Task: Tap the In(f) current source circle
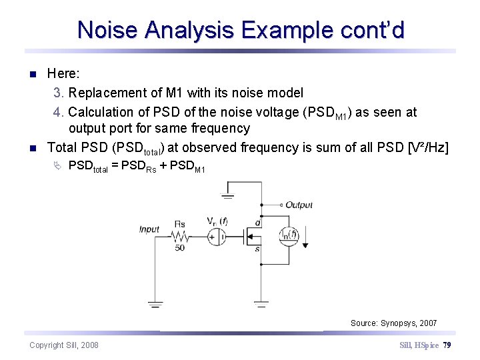289,235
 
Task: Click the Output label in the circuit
299,205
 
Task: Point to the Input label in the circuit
149,229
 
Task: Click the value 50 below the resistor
180,248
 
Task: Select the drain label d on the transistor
258,223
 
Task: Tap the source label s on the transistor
258,249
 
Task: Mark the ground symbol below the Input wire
155,304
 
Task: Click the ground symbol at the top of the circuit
229,195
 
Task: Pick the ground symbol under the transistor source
261,304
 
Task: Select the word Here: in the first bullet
64,74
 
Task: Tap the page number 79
447,345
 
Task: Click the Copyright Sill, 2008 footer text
64,345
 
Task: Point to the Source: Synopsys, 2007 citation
393,323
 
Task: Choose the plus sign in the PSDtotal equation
162,167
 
